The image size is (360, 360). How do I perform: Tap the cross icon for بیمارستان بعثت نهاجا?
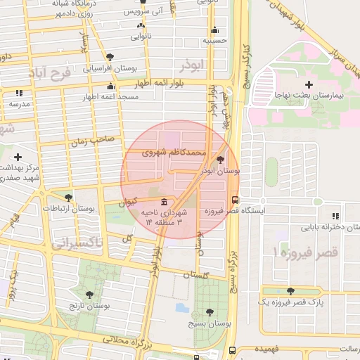click(x=308, y=84)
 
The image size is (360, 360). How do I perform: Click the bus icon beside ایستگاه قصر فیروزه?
click(x=234, y=200)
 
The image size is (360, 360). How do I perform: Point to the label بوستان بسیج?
click(x=202, y=324)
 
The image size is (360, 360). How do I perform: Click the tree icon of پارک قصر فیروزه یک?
click(x=290, y=291)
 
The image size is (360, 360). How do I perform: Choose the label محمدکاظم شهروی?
click(x=174, y=151)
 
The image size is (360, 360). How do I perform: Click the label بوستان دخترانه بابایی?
click(x=311, y=228)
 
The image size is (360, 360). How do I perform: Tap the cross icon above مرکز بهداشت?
click(x=18, y=157)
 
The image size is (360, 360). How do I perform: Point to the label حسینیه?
click(x=215, y=41)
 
